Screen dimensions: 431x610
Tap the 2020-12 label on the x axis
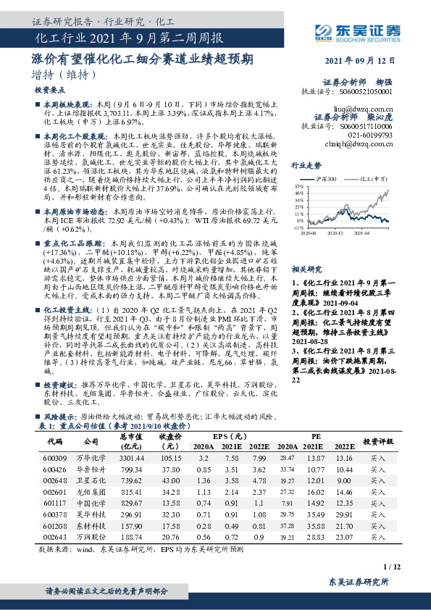pyautogui.click(x=335, y=233)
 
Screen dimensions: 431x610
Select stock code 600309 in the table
pyautogui.click(x=55, y=458)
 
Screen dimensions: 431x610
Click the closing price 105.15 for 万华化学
pyautogui.click(x=171, y=458)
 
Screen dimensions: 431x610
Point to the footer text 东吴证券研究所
pyautogui.click(x=359, y=582)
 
